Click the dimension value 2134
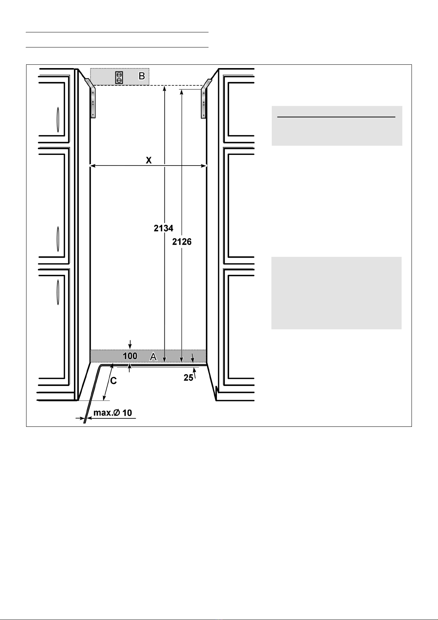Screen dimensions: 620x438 click(163, 228)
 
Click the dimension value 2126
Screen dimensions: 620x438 click(182, 242)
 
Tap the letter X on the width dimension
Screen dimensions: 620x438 click(149, 160)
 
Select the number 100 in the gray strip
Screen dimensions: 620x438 click(130, 356)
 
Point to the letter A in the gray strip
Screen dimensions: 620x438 click(153, 356)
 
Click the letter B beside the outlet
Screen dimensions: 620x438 click(141, 77)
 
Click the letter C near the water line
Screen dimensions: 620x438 click(114, 381)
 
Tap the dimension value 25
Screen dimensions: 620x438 click(188, 378)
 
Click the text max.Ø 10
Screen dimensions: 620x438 click(113, 412)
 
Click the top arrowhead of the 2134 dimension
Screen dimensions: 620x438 click(164, 88)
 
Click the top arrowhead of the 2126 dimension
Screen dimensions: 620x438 click(181, 92)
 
